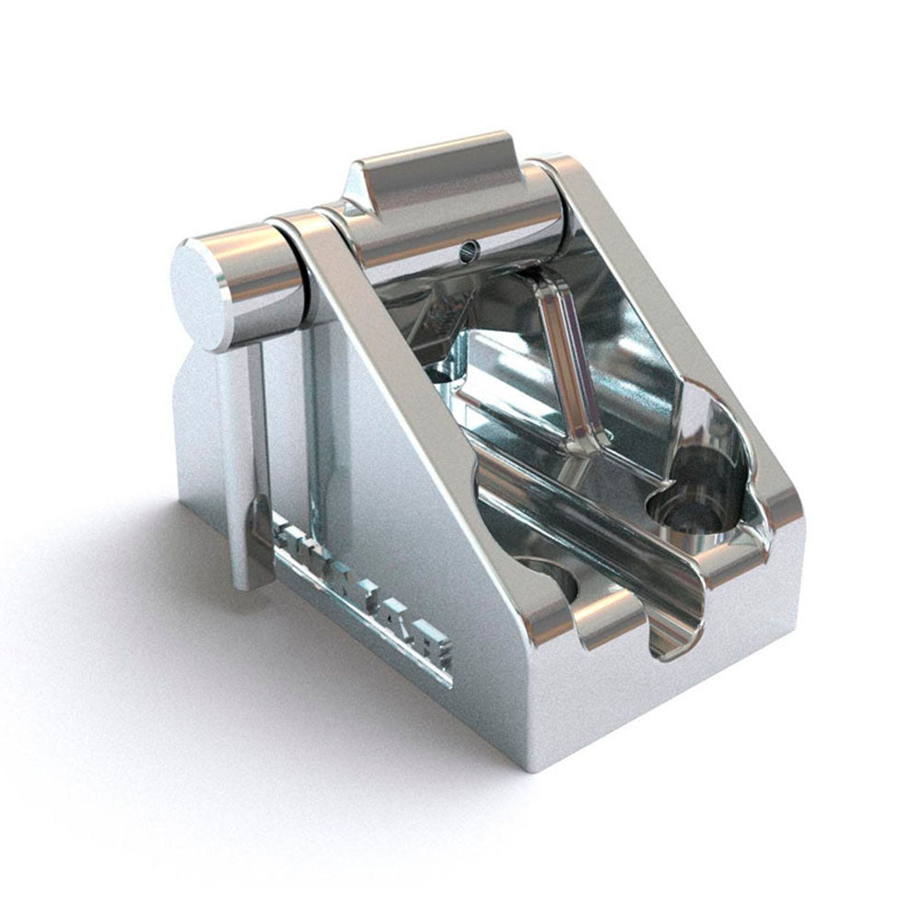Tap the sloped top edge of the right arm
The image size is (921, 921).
pyautogui.click(x=663, y=304)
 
